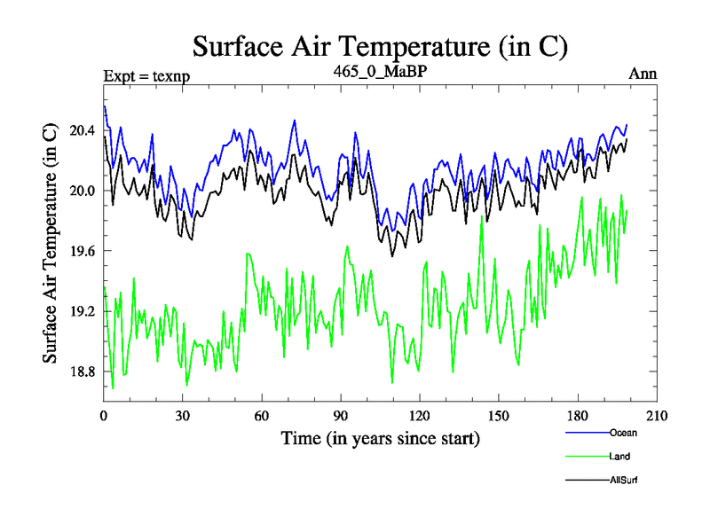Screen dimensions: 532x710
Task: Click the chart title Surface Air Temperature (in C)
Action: point(380,46)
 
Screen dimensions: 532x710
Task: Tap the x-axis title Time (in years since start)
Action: point(381,438)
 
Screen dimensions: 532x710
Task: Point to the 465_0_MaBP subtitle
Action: point(381,72)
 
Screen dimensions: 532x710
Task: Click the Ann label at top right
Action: point(643,74)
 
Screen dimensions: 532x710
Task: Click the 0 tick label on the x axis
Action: point(104,416)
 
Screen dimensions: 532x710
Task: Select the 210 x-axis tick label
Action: point(657,416)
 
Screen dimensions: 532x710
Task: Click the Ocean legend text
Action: point(623,433)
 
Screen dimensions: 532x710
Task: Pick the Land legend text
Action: point(620,457)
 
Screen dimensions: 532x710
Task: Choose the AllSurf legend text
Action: point(624,480)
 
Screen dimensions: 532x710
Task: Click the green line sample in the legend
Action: point(587,457)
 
